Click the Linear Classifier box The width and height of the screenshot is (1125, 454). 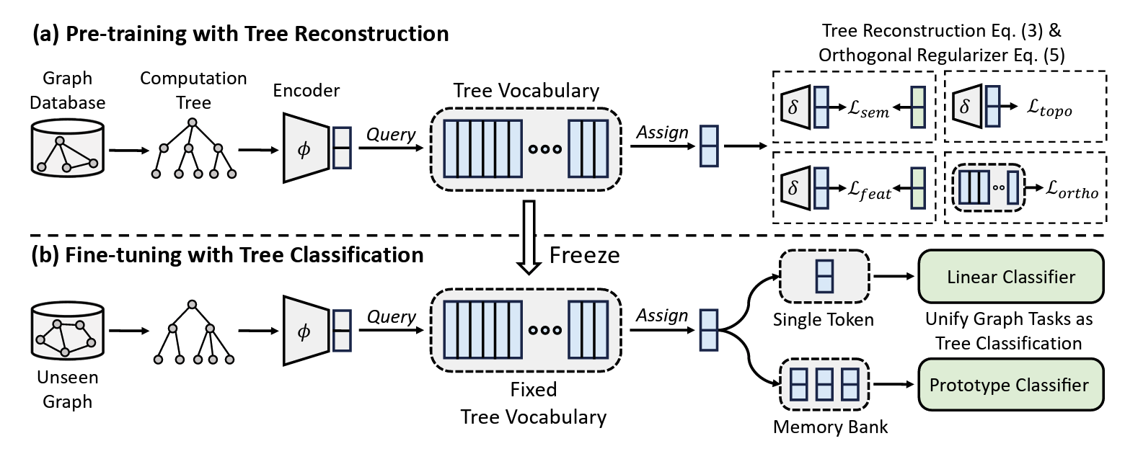pyautogui.click(x=1010, y=277)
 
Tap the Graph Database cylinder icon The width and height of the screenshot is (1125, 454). pyautogui.click(x=66, y=148)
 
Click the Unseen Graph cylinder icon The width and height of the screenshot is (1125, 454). pyautogui.click(x=66, y=331)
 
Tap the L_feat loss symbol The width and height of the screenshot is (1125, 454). pyautogui.click(x=868, y=193)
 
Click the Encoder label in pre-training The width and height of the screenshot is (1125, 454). pyautogui.click(x=306, y=91)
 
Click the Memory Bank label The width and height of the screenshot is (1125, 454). pyautogui.click(x=830, y=426)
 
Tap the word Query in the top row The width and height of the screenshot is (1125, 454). pyautogui.click(x=390, y=135)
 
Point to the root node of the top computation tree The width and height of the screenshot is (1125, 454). pyautogui.click(x=192, y=123)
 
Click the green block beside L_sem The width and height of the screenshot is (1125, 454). pyautogui.click(x=917, y=106)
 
